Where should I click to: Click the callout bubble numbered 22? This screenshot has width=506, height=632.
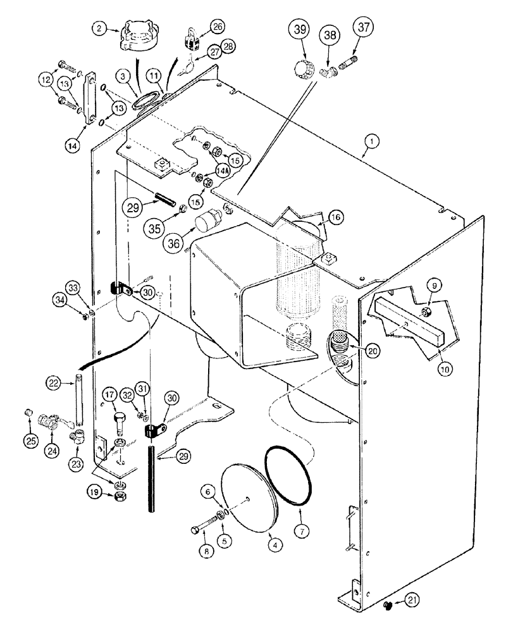pos(54,382)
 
